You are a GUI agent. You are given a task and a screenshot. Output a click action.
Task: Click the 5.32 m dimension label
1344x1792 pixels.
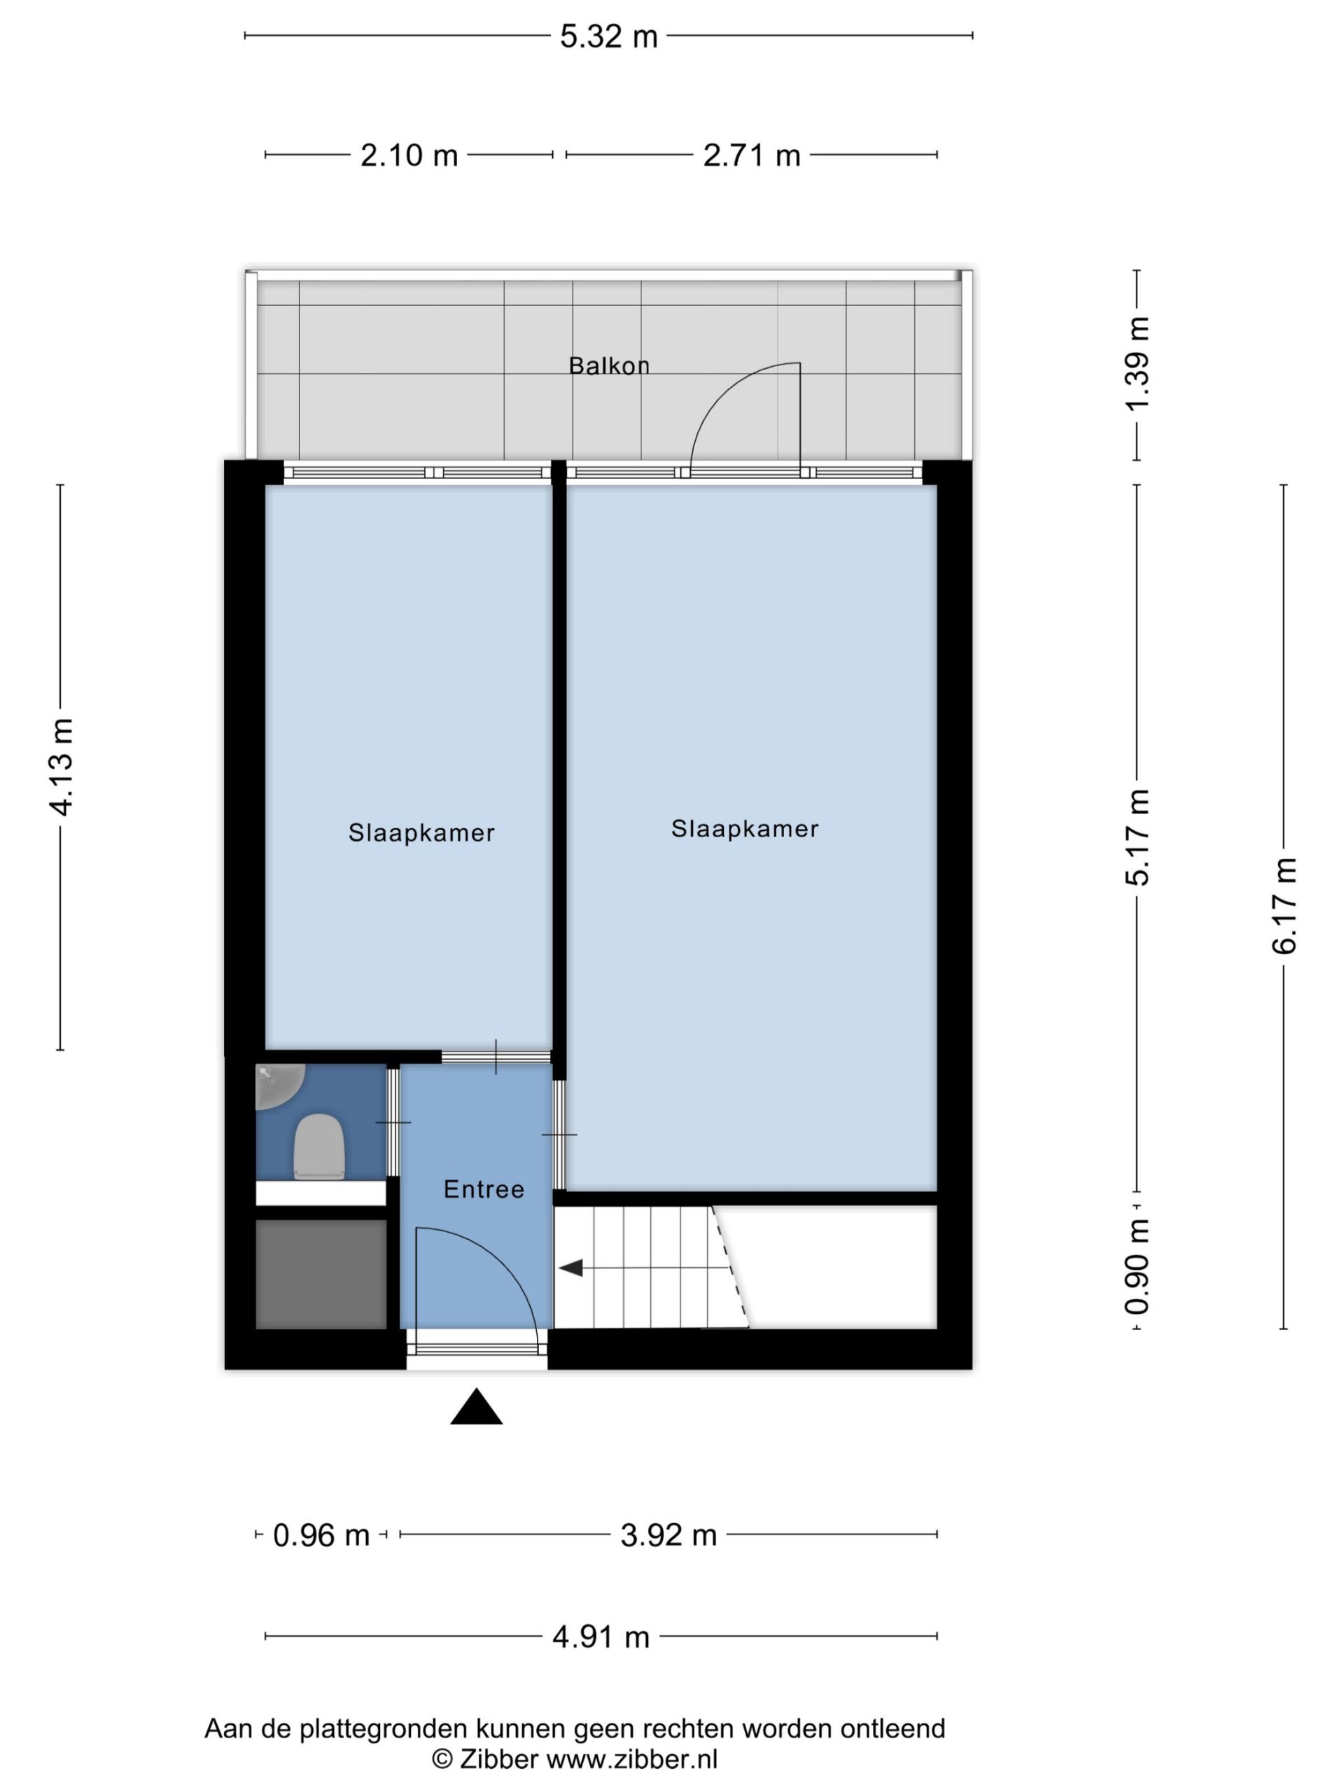pos(608,36)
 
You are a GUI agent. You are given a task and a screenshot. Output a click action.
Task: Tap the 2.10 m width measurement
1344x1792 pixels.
pos(409,155)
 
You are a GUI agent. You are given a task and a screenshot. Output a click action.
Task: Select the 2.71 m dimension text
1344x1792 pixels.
pos(752,155)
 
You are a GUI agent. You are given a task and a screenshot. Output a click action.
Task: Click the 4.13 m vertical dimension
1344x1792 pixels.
pos(62,766)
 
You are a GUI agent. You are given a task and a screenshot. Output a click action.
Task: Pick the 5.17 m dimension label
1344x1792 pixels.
pos(1137,837)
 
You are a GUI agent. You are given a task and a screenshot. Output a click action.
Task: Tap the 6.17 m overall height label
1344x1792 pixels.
pos(1284,905)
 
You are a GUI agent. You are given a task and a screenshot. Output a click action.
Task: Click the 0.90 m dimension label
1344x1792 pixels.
pos(1137,1267)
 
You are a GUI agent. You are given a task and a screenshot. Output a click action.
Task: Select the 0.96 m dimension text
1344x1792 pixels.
pos(321,1535)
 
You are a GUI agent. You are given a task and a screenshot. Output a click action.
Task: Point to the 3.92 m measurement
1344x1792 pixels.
pos(668,1535)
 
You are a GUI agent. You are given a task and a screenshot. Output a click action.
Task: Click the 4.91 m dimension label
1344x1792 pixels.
pos(601,1637)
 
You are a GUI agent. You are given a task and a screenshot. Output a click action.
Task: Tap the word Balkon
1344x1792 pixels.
pos(609,366)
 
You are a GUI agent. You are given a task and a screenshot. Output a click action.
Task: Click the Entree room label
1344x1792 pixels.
pos(484,1189)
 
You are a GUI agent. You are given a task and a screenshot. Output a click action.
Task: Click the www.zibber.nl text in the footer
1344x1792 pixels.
pos(632,1759)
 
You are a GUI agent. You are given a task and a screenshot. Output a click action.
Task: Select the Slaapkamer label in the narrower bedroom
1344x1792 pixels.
pos(421,833)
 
